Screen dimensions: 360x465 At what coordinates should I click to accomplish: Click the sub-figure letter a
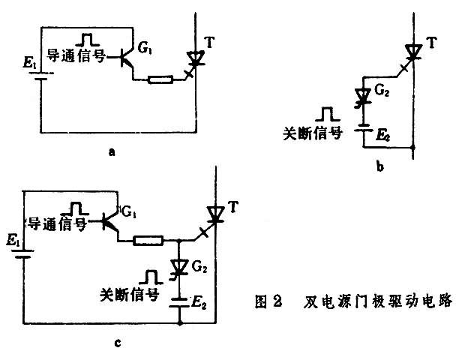pyautogui.click(x=112, y=151)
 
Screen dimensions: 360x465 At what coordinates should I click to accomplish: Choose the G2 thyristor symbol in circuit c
pyautogui.click(x=180, y=267)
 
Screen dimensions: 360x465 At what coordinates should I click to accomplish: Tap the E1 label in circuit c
pyautogui.click(x=13, y=243)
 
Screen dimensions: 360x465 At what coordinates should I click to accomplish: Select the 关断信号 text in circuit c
pyautogui.click(x=128, y=295)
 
